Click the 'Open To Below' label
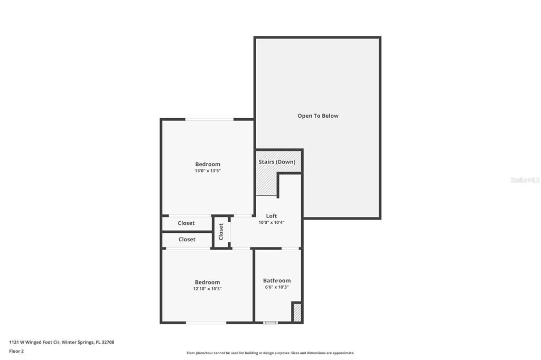tap(318, 116)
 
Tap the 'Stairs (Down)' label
tap(277, 162)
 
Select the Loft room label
tap(272, 216)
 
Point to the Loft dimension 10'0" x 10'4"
tap(272, 222)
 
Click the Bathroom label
tap(277, 281)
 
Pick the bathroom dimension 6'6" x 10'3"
tap(277, 287)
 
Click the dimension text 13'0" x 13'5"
tap(208, 170)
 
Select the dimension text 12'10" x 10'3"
tap(207, 289)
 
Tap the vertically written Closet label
tap(221, 232)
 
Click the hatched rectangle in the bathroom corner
tap(297, 312)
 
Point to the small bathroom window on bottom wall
tap(270, 323)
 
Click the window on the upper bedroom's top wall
tap(209, 119)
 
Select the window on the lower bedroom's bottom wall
tap(206, 323)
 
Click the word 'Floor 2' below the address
tap(16, 352)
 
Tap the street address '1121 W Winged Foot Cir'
tap(34, 343)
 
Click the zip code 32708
tap(108, 343)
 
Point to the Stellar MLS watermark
tap(525, 180)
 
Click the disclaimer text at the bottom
tap(270, 353)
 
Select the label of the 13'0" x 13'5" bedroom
tap(208, 165)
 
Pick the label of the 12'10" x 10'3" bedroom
tap(207, 282)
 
